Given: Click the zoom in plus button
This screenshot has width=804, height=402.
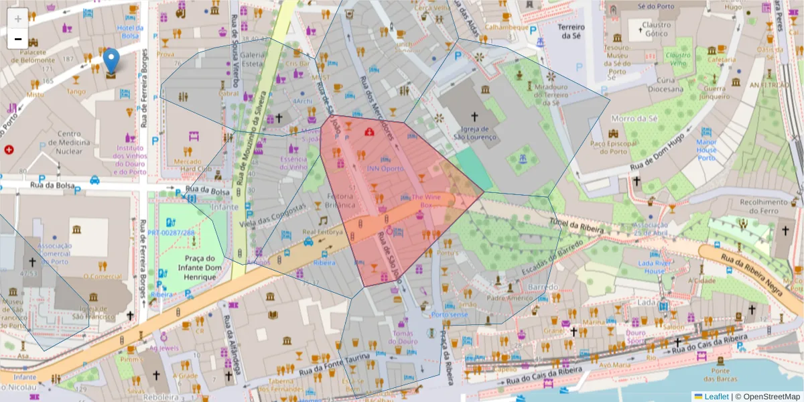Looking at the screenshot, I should click(18, 19).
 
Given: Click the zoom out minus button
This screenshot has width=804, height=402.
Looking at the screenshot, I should click(18, 39).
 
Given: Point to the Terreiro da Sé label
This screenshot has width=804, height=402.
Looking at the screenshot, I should click(572, 31).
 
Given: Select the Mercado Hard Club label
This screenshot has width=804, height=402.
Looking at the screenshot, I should click(188, 165).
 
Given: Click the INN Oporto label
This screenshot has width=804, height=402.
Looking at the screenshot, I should click(385, 168).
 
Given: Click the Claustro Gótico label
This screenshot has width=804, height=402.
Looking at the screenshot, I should click(657, 30).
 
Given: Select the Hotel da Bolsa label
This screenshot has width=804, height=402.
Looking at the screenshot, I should click(131, 31).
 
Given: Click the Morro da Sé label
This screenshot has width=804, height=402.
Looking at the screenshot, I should click(632, 119).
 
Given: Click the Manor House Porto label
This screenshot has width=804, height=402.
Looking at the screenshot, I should click(707, 150).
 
